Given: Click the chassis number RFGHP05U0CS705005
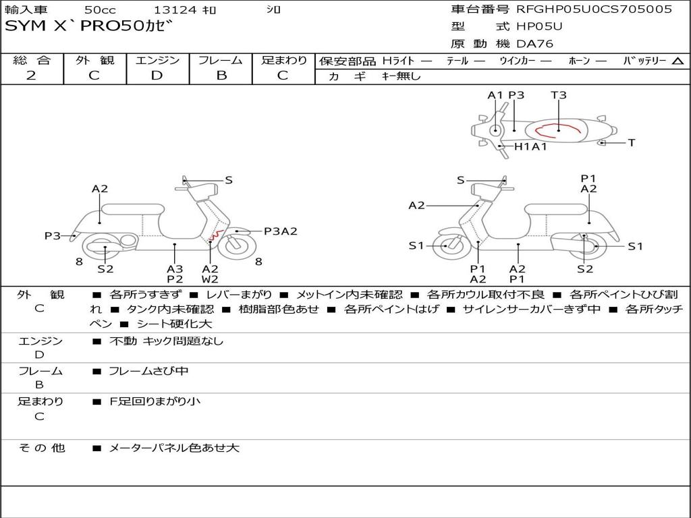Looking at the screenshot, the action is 594,9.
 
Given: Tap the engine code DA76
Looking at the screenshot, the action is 535,45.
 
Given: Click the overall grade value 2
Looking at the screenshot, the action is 31,76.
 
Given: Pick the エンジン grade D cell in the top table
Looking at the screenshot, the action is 157,76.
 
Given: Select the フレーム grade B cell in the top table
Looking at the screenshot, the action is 221,76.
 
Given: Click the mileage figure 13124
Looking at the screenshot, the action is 175,10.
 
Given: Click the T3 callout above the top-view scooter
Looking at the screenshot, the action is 558,95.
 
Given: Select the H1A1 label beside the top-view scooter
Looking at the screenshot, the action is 530,146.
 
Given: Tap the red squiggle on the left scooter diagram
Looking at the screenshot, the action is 215,235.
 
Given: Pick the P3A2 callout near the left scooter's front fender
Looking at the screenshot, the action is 281,231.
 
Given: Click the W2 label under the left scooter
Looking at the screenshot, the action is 211,279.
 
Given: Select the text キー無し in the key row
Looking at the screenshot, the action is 402,76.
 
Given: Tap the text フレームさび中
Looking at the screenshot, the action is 148,371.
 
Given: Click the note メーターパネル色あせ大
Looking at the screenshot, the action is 174,448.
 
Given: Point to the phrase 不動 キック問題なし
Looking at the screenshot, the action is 166,341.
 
